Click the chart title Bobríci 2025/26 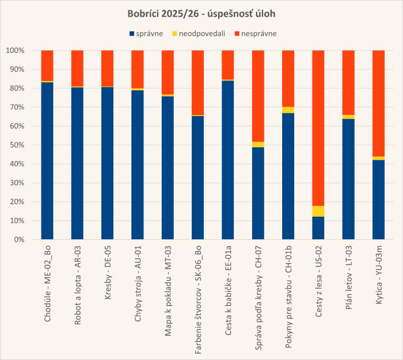click(x=201, y=13)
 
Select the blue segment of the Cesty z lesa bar click(x=318, y=228)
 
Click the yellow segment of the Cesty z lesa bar click(x=318, y=211)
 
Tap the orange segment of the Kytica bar click(x=378, y=104)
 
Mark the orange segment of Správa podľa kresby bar click(x=258, y=96)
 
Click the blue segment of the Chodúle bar click(x=47, y=161)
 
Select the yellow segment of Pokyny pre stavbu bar click(x=288, y=110)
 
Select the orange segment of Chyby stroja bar click(x=138, y=69)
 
